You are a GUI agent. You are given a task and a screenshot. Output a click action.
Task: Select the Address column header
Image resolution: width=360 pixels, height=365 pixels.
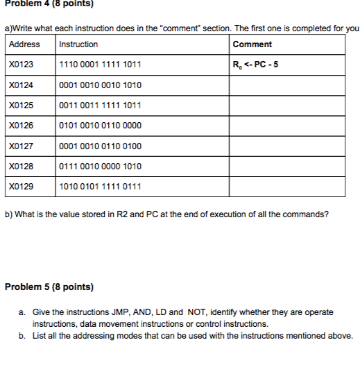pyautogui.click(x=24, y=44)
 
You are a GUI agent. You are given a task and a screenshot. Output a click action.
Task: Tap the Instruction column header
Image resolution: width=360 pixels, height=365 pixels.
pyautogui.click(x=79, y=44)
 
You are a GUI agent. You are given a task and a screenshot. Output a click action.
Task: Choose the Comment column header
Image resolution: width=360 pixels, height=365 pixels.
pyautogui.click(x=252, y=44)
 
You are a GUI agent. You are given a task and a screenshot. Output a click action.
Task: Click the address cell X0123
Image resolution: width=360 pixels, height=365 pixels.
pyautogui.click(x=22, y=65)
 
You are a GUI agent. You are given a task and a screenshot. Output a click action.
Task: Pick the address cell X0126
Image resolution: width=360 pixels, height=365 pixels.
pyautogui.click(x=22, y=126)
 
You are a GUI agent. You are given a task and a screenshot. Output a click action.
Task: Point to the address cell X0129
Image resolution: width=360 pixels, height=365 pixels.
pyautogui.click(x=22, y=187)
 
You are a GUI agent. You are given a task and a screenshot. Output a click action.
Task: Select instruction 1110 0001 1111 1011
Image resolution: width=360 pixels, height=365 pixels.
pyautogui.click(x=101, y=65)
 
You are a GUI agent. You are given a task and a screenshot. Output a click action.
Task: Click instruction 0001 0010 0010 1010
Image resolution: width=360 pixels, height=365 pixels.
pyautogui.click(x=101, y=85)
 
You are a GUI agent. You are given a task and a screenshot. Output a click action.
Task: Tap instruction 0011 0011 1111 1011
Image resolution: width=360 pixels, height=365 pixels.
pyautogui.click(x=101, y=105)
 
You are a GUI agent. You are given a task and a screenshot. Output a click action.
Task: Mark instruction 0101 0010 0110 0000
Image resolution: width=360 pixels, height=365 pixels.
pyautogui.click(x=101, y=126)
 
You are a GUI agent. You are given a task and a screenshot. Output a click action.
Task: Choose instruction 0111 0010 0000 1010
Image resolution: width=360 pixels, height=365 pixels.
pyautogui.click(x=101, y=167)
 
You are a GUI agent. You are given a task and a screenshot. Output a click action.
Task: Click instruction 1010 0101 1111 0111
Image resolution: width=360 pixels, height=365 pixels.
pyautogui.click(x=101, y=187)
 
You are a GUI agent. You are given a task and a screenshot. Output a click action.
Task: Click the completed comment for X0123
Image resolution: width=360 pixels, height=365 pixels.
pyautogui.click(x=256, y=66)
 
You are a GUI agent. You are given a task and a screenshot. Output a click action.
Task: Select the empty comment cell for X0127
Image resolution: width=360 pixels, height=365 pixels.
pyautogui.click(x=286, y=146)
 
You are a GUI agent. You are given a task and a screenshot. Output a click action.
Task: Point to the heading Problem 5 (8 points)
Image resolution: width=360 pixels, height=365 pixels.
pyautogui.click(x=49, y=287)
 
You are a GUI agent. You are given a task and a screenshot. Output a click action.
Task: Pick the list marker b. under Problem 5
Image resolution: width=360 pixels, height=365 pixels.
pyautogui.click(x=23, y=336)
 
